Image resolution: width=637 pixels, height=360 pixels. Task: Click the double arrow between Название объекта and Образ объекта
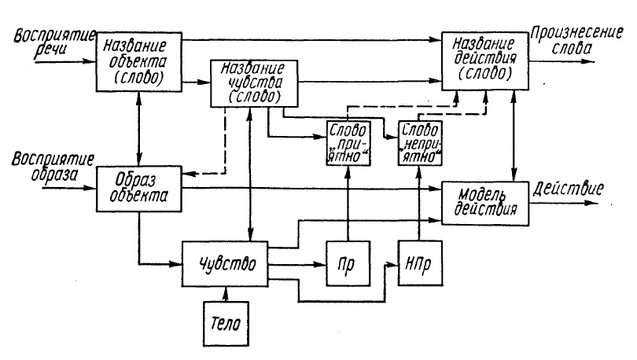138,126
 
